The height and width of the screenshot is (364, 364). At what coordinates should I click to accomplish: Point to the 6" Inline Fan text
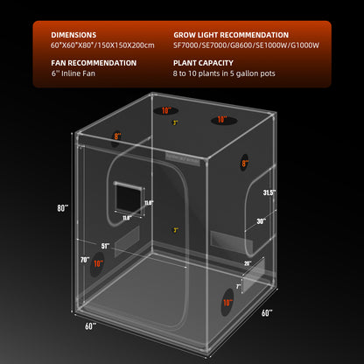[x=75, y=74]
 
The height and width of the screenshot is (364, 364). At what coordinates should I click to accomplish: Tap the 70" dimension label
[x=84, y=261]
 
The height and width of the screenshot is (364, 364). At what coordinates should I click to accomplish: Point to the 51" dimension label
[x=107, y=246]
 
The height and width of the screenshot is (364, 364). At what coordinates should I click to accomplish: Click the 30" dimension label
[x=261, y=221]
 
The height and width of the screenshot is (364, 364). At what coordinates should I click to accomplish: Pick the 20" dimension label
[x=247, y=263]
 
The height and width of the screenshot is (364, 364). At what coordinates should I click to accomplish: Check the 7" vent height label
[x=238, y=286]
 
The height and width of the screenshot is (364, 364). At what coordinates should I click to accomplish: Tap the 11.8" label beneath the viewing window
[x=126, y=218]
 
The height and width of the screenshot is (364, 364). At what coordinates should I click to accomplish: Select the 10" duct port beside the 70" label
[x=98, y=263]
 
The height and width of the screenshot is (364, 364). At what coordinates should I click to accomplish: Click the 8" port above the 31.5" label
[x=246, y=163]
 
